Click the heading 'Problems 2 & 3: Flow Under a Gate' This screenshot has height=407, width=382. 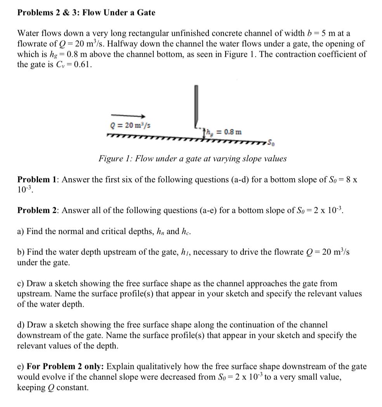click(x=86, y=12)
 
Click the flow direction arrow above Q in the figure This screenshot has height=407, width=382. click(x=128, y=116)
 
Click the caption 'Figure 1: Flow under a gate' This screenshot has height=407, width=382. click(x=193, y=159)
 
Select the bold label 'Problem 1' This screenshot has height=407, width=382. click(x=37, y=180)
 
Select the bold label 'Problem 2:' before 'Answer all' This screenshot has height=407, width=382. click(x=38, y=210)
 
